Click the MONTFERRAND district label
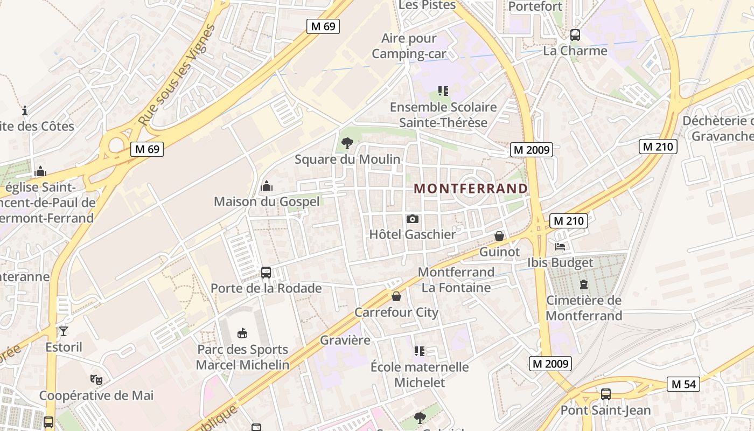click(x=471, y=189)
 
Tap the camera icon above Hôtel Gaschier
click(x=413, y=219)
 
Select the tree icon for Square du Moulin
click(x=347, y=143)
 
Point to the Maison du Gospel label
click(x=267, y=201)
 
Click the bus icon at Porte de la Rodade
click(x=266, y=273)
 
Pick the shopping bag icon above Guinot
click(x=499, y=236)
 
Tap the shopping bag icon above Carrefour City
click(x=396, y=296)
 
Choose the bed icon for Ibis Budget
click(x=560, y=247)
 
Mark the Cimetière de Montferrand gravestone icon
click(x=583, y=284)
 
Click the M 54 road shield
click(x=683, y=384)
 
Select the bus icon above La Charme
click(x=575, y=35)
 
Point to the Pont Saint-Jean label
click(x=606, y=410)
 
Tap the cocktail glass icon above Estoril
click(x=64, y=331)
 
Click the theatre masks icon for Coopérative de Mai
click(x=96, y=379)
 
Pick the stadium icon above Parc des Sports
click(x=242, y=333)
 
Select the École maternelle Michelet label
click(x=420, y=375)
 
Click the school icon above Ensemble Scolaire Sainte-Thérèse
click(x=443, y=91)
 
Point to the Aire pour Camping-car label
click(x=409, y=46)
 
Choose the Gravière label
click(x=345, y=340)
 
